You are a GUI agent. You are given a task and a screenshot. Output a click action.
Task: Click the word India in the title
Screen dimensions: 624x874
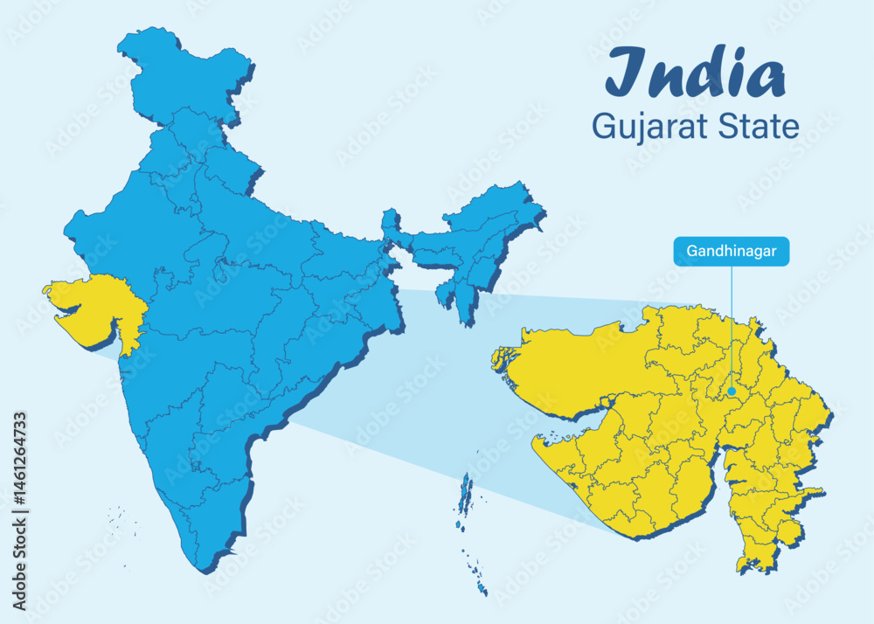(695, 73)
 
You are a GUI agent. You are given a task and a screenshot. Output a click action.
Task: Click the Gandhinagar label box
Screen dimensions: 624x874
(731, 251)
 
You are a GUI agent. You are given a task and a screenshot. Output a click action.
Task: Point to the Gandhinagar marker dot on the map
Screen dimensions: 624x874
(731, 392)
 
